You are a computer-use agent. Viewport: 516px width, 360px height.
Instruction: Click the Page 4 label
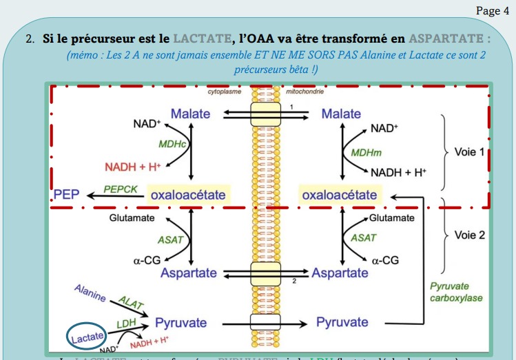(488, 11)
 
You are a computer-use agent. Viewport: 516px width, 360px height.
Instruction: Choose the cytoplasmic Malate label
(190, 114)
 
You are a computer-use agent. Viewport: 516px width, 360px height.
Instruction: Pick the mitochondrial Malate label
(341, 114)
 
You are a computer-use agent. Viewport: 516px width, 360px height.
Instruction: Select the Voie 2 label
(470, 235)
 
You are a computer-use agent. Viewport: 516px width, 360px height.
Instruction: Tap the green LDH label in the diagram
(125, 323)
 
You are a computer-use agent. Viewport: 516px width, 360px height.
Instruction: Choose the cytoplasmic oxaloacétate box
(188, 195)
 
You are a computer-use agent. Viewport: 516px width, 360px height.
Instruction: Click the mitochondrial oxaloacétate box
(340, 195)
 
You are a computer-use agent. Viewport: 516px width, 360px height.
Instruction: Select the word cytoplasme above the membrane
(224, 92)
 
